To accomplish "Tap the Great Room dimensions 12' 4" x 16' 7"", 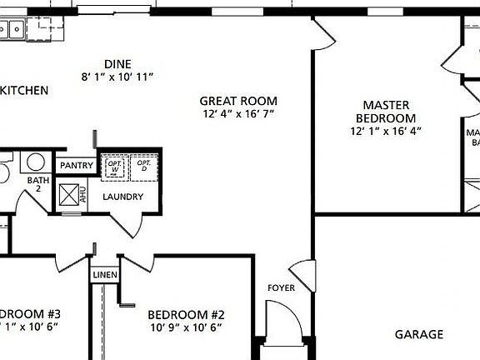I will pyautogui.click(x=238, y=112).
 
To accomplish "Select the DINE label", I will pyautogui.click(x=117, y=64).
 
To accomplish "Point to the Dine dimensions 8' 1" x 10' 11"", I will pyautogui.click(x=117, y=77).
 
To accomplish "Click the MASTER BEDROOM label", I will pyautogui.click(x=386, y=112).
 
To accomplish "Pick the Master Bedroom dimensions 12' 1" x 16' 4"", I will pyautogui.click(x=386, y=131).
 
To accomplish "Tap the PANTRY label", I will pyautogui.click(x=76, y=166).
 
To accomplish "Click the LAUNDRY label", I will pyautogui.click(x=122, y=197).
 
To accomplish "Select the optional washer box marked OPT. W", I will pyautogui.click(x=114, y=167).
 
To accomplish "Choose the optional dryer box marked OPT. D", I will pyautogui.click(x=142, y=167).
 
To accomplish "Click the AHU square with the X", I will pyautogui.click(x=67, y=195).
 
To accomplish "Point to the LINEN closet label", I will pyautogui.click(x=105, y=275).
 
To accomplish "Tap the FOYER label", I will pyautogui.click(x=281, y=288).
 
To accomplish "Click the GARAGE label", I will pyautogui.click(x=418, y=334).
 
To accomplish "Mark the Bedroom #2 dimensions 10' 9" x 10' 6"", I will pyautogui.click(x=187, y=327).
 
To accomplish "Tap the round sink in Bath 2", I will pyautogui.click(x=35, y=162).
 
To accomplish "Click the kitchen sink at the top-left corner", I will pyautogui.click(x=11, y=29).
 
